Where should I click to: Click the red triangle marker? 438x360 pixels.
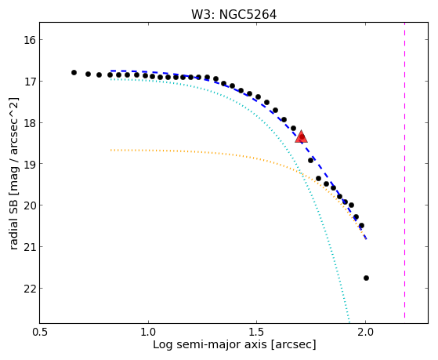[302, 136]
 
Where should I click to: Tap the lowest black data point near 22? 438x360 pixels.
[366, 278]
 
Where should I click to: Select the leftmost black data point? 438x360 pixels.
[74, 72]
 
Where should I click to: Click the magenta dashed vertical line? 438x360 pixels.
[404, 170]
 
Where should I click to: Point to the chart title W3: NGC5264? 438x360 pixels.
[233, 15]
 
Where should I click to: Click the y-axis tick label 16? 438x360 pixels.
[29, 40]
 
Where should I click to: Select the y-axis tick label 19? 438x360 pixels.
[29, 164]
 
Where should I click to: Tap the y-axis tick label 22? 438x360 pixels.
[29, 289]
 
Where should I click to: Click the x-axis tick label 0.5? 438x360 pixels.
[40, 332]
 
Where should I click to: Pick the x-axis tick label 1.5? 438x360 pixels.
[257, 332]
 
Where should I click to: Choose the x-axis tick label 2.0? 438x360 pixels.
[365, 332]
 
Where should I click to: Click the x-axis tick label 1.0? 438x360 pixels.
[148, 332]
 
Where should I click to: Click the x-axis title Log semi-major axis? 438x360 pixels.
[210, 345]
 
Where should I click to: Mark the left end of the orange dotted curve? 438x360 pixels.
[111, 151]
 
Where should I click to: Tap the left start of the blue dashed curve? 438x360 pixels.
[111, 71]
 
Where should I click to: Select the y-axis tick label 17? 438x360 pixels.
[29, 82]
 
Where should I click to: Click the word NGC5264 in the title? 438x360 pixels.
[248, 15]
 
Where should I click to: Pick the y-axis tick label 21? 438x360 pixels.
[29, 247]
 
